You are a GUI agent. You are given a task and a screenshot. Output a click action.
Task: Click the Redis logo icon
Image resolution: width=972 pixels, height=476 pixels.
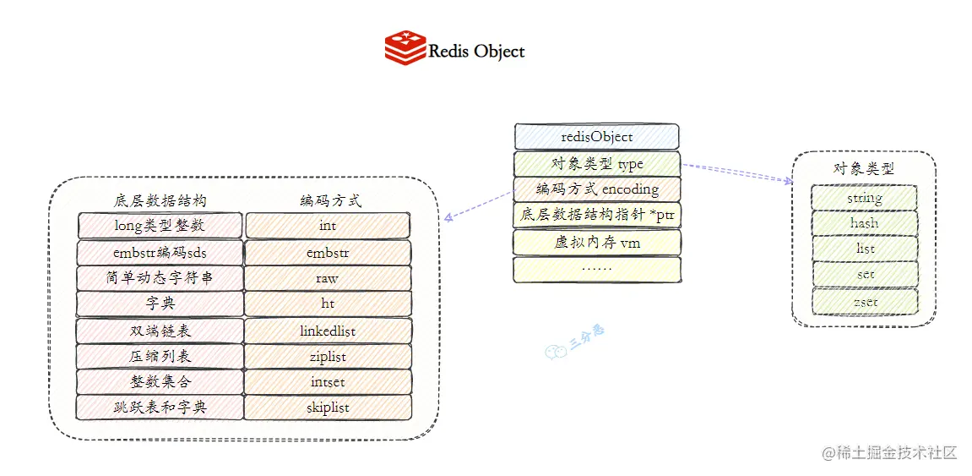(405, 47)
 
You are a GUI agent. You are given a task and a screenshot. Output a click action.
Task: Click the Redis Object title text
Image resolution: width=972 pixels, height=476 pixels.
(476, 52)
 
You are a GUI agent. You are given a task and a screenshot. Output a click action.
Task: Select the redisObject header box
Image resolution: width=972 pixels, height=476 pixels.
(597, 136)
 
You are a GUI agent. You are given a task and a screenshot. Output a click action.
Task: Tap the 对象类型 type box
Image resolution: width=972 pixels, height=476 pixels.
(597, 163)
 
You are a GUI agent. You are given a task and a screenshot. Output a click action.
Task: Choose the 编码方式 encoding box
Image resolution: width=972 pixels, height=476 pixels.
(597, 189)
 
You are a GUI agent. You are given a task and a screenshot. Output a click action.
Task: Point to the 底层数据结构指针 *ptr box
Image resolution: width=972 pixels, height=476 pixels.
(597, 216)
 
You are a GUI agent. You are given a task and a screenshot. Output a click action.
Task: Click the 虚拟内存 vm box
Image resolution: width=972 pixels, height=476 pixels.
(597, 243)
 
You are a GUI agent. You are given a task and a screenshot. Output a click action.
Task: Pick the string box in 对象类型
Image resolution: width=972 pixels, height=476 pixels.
(864, 198)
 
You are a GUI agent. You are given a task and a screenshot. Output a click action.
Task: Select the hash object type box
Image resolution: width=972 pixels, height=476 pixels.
(864, 223)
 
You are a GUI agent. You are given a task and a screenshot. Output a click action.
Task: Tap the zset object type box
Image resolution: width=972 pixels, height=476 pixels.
(864, 300)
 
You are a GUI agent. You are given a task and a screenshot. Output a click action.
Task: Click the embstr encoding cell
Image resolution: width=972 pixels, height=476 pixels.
(328, 252)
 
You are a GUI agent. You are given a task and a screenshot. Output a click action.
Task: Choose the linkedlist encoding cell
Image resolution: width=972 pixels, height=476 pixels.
(328, 331)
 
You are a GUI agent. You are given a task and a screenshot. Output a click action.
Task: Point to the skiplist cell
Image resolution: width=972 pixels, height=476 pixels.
(328, 408)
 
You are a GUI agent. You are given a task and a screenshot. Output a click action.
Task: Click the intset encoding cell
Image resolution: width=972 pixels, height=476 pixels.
(328, 382)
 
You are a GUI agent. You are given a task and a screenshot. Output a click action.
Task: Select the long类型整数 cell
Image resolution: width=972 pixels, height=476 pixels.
(160, 225)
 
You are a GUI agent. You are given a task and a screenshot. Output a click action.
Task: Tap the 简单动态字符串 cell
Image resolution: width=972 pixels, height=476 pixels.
(160, 278)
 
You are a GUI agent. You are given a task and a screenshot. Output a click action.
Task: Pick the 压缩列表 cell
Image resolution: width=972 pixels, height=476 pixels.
(160, 356)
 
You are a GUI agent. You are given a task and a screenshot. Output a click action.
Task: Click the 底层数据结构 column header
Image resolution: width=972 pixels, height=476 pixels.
(160, 201)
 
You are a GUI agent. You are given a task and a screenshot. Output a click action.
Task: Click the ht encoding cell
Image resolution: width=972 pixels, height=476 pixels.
(328, 304)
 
